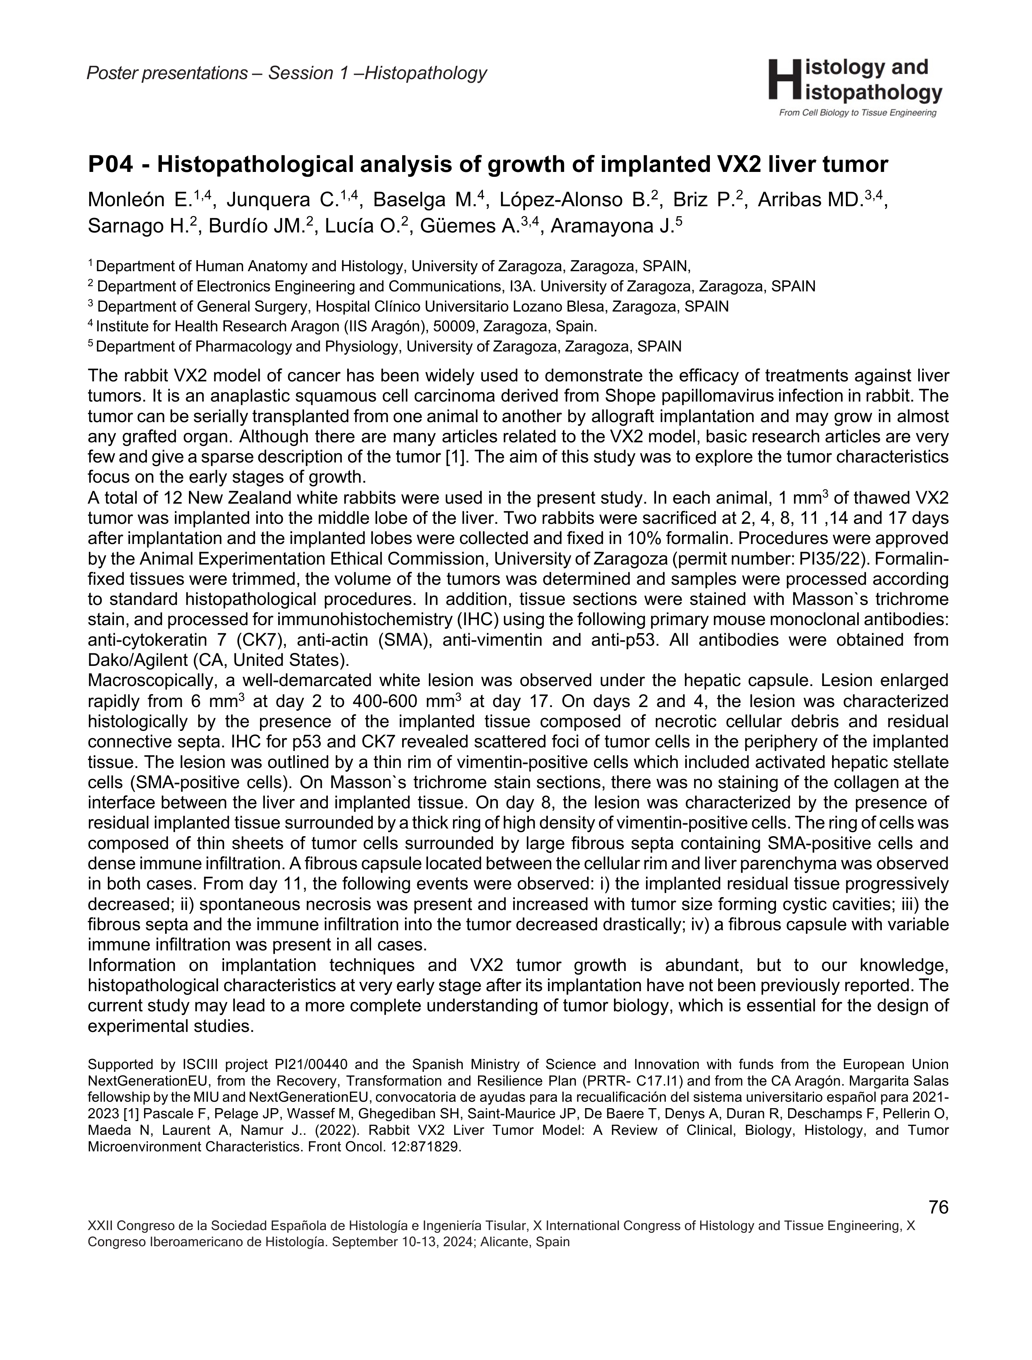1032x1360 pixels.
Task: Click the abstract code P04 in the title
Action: click(120, 165)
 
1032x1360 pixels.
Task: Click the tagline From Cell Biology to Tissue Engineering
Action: click(857, 113)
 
